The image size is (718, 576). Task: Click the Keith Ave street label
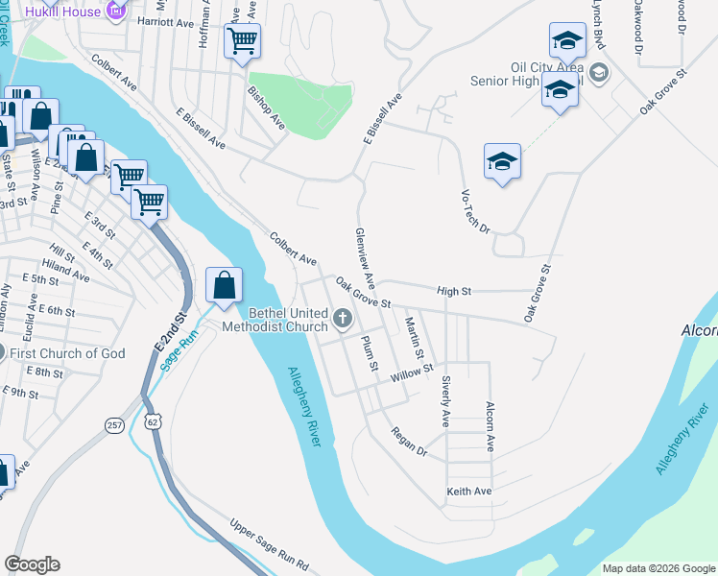pos(468,492)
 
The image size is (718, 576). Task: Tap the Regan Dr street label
pos(409,442)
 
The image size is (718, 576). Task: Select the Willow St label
pos(412,373)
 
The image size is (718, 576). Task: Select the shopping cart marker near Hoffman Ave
pos(242,41)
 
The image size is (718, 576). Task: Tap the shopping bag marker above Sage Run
pos(224,285)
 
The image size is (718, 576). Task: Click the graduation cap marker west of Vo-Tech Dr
pos(502,162)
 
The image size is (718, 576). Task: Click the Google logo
pos(32,564)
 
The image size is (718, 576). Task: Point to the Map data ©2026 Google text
pos(658,568)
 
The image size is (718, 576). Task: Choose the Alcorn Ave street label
pos(489,426)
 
